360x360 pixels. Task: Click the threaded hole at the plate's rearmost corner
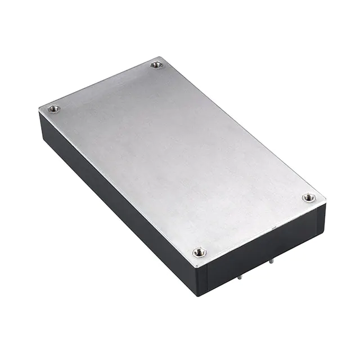[x=156, y=65]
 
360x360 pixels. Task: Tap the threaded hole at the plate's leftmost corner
[x=53, y=109]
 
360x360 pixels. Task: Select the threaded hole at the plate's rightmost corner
[x=308, y=197]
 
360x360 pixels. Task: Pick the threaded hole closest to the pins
[x=199, y=253]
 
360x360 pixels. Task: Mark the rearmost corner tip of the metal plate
[x=161, y=57]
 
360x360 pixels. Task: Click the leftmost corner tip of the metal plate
[x=39, y=109]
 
